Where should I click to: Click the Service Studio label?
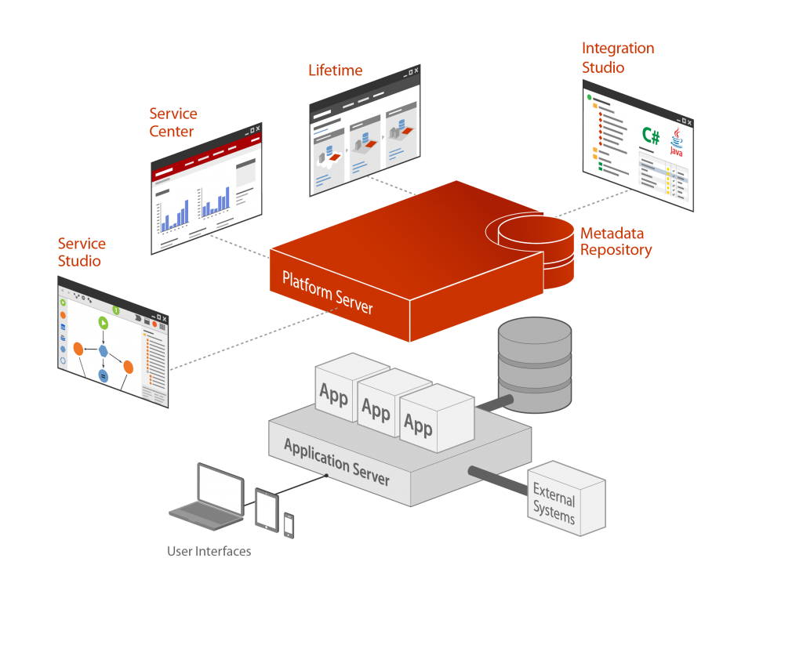[x=81, y=252]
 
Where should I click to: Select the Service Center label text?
[x=173, y=123]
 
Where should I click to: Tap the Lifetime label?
[x=335, y=71]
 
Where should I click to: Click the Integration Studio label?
[x=617, y=58]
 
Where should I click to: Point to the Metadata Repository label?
[x=616, y=242]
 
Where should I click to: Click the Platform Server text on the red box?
[x=327, y=292]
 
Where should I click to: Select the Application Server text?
[x=336, y=462]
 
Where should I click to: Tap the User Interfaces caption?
[x=209, y=552]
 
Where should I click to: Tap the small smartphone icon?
[x=289, y=525]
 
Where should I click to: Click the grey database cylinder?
[x=534, y=364]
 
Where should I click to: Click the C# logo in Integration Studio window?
[x=650, y=136]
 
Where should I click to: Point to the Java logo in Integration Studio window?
[x=676, y=143]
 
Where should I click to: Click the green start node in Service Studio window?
[x=102, y=322]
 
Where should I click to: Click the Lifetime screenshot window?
[x=365, y=130]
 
